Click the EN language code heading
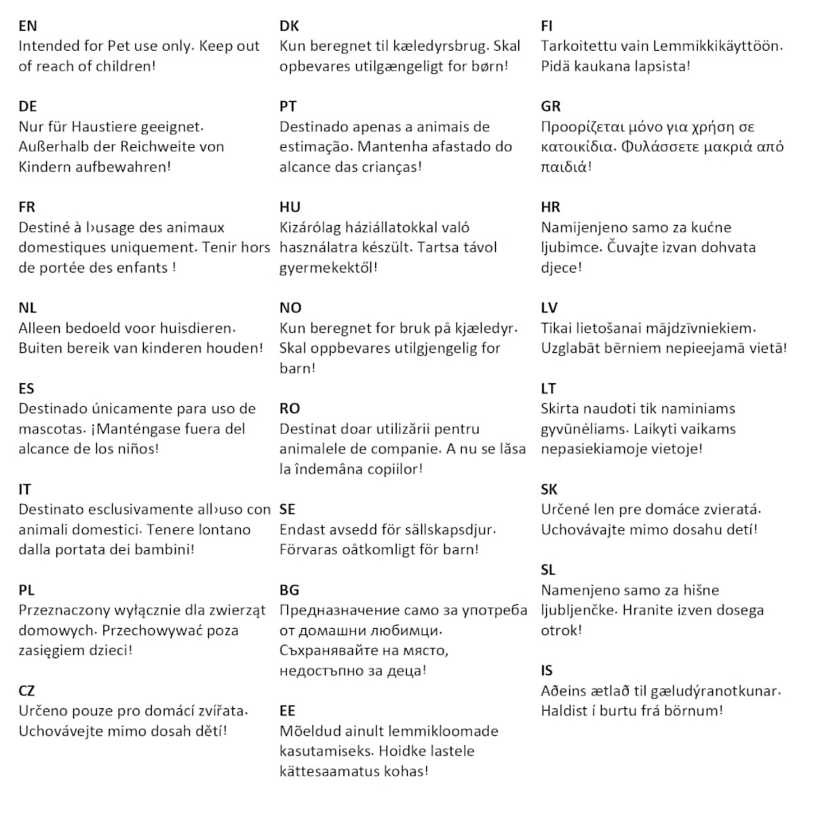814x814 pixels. (x=28, y=26)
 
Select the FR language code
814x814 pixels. (x=27, y=207)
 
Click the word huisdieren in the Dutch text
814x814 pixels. (x=193, y=328)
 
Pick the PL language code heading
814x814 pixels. (x=26, y=590)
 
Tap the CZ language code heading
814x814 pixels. (x=26, y=691)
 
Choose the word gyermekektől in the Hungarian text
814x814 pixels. (x=328, y=268)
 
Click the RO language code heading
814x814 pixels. (x=290, y=408)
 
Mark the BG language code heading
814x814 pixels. (x=290, y=590)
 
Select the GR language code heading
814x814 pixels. (x=551, y=106)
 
